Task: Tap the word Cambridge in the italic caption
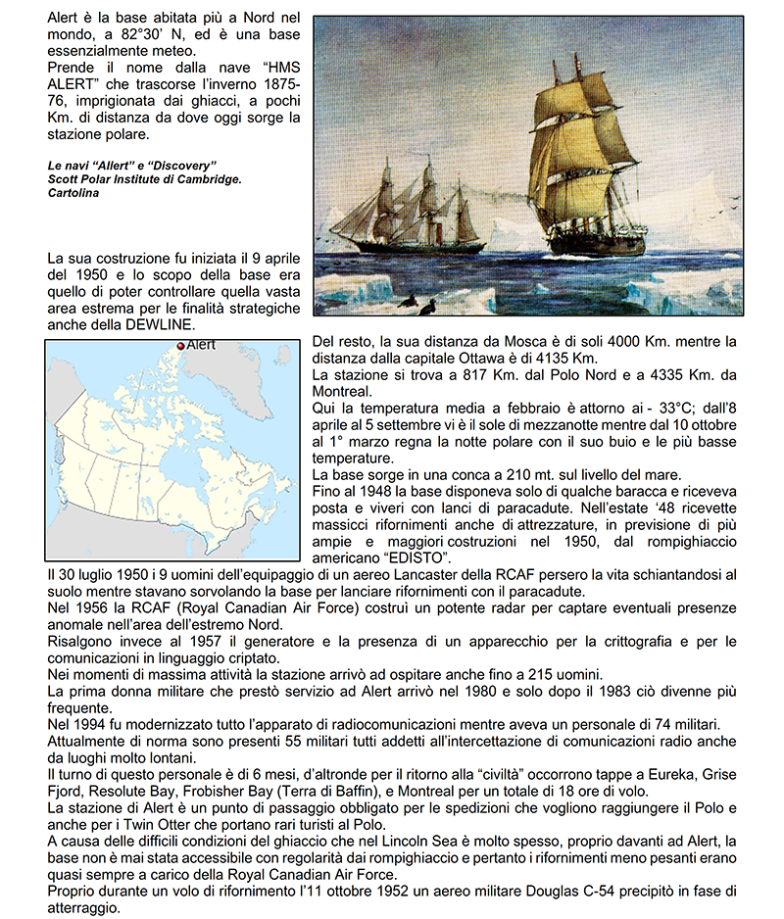[202, 178]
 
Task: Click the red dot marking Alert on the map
[180, 346]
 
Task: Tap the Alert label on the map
[201, 346]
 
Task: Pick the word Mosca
[508, 342]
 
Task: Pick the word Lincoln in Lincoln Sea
[413, 842]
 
